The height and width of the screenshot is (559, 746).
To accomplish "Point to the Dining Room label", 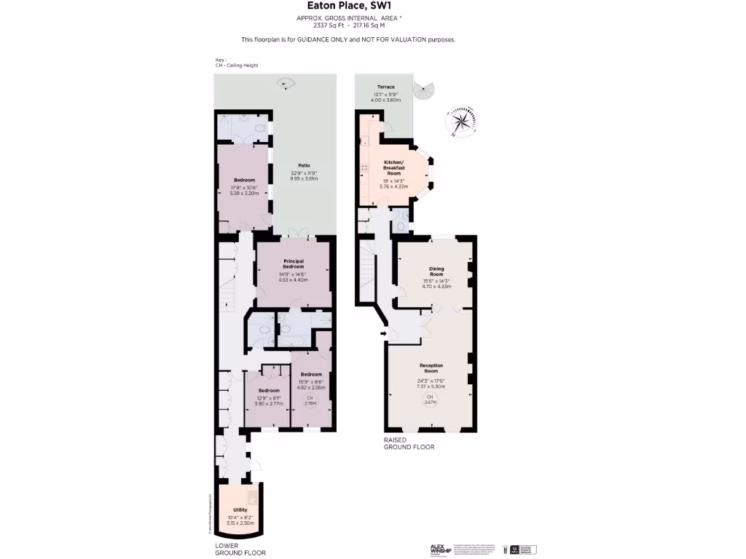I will point(436,271).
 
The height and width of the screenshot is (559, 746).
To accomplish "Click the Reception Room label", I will point(431,368).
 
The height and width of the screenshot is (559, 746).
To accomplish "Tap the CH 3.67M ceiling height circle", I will point(430,400).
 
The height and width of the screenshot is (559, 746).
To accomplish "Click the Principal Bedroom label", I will point(293,263).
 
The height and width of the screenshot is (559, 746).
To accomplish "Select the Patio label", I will point(304,165).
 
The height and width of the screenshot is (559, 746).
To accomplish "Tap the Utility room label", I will point(240,510).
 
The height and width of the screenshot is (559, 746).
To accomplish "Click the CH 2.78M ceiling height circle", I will point(310,400).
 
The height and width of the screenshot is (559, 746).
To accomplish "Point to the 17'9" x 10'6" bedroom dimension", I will point(244,188).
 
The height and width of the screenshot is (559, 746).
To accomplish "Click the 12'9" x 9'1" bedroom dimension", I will point(269,398).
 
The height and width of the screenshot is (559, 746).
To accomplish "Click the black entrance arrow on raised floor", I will point(382,333).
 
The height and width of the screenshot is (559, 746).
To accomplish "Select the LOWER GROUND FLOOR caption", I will point(240,549).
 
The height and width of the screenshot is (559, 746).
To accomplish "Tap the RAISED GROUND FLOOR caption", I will point(409,443).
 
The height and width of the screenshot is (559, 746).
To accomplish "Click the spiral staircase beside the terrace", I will point(423,92).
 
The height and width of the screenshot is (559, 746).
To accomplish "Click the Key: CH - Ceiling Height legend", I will point(237,63).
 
